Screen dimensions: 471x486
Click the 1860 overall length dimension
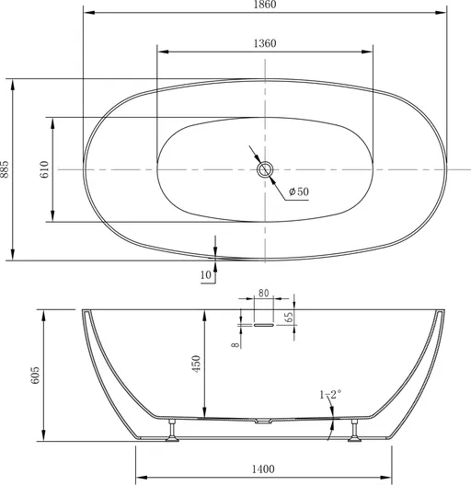point(265,5)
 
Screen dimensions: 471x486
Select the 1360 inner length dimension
point(265,43)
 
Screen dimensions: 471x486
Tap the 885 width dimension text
point(5,169)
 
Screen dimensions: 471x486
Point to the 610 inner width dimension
point(45,169)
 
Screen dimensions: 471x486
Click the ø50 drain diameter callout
point(299,191)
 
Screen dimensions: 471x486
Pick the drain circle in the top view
point(265,169)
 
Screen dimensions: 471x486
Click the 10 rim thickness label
point(206,274)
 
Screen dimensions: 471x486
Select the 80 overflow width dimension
point(263,293)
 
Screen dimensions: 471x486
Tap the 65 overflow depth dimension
point(288,317)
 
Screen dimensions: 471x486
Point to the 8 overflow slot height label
point(235,344)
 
